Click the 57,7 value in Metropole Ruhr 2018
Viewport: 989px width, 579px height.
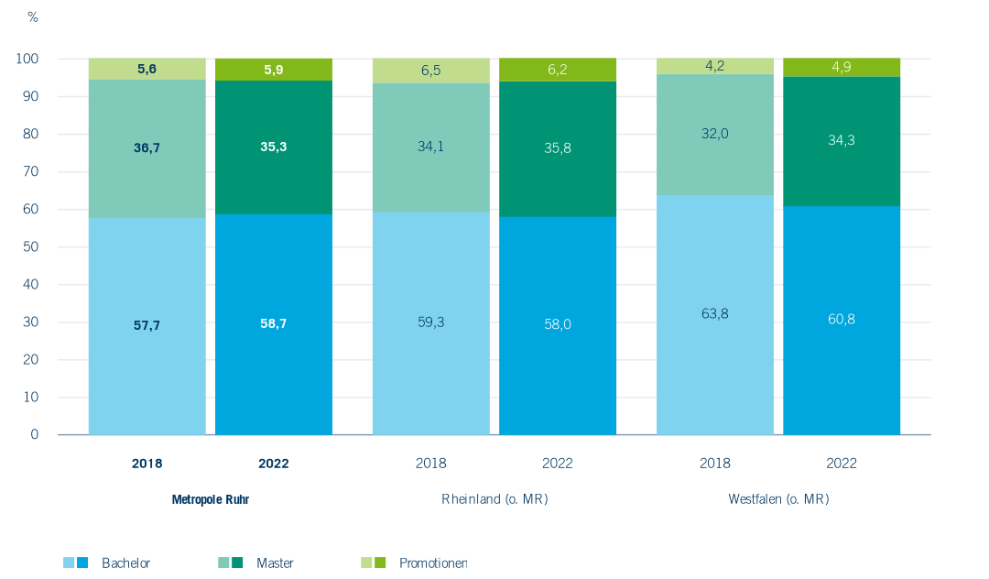coord(147,325)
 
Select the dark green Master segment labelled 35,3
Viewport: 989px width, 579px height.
coord(274,147)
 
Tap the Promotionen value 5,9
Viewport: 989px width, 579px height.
coord(274,70)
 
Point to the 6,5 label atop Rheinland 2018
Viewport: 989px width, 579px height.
coord(430,70)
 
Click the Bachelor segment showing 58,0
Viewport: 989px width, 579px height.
coord(557,323)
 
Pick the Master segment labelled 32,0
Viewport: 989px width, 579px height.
coord(714,134)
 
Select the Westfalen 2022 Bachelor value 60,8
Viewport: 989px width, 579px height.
coord(841,319)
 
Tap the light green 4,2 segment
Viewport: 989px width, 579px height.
coord(714,65)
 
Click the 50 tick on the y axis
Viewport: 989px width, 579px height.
coord(34,247)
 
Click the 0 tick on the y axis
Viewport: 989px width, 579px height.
coord(35,434)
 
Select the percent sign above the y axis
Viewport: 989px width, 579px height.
coord(33,17)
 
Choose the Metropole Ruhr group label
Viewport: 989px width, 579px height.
coord(211,500)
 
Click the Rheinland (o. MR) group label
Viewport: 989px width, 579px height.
coord(494,500)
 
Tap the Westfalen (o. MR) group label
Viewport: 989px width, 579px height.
coord(778,500)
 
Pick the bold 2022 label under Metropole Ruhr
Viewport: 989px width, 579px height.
coord(274,464)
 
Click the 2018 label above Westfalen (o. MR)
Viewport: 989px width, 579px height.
coord(714,464)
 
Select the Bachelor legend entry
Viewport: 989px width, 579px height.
coord(125,563)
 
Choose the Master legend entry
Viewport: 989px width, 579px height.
coord(275,563)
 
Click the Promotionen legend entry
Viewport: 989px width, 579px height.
coord(432,563)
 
